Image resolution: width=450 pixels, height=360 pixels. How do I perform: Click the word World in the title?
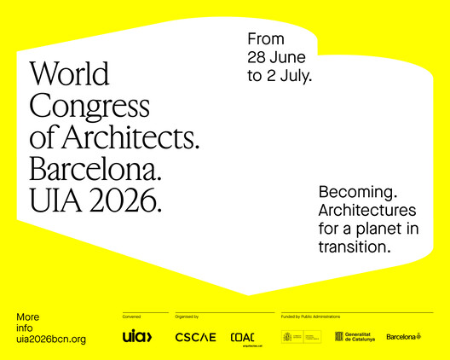pos(69,73)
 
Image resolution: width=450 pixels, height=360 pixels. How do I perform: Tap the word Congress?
pos(89,105)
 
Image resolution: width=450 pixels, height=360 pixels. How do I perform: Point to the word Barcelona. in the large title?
pos(95,168)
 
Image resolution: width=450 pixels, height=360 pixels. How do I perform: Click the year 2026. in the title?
pos(123,200)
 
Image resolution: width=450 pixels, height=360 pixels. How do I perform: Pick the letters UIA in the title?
pos(54,200)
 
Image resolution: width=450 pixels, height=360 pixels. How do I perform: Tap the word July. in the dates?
pos(296,76)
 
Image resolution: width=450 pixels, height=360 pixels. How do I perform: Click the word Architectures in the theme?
pos(367,210)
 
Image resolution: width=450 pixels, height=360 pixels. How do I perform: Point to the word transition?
pos(355,247)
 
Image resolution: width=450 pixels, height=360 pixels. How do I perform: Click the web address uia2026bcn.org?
pos(51,340)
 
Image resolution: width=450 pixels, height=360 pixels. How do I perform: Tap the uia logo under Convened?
pos(137,336)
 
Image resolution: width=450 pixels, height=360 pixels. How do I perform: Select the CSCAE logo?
pos(195,337)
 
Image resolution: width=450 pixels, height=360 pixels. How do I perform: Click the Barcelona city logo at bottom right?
pos(403,337)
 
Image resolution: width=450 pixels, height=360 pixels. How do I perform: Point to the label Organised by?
pos(187,316)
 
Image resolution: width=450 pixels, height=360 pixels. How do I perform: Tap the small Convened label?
pos(131,316)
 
